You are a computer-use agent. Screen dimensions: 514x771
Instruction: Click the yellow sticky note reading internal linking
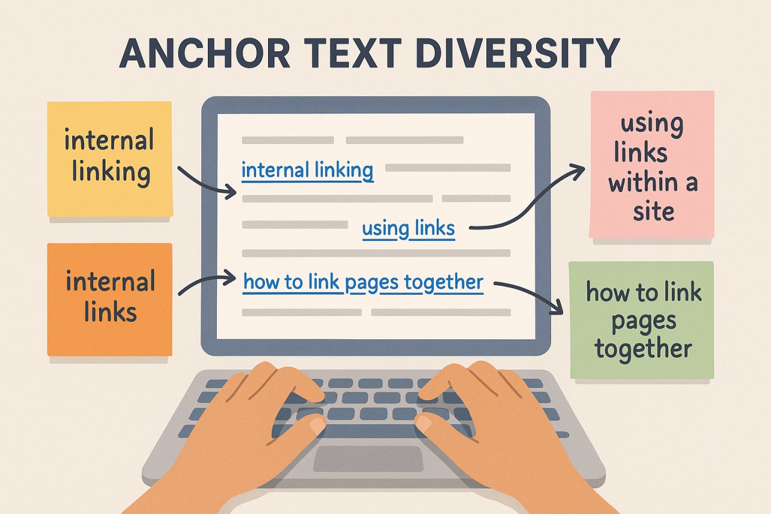(x=110, y=158)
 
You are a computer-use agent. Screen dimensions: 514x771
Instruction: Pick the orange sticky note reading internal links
(x=110, y=298)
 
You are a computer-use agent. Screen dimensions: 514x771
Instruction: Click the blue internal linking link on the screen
(x=307, y=171)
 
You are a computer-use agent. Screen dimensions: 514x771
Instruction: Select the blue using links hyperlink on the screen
(x=408, y=228)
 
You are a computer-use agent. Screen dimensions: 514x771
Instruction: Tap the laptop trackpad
(x=367, y=459)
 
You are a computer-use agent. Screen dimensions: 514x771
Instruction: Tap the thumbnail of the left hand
(x=316, y=425)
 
